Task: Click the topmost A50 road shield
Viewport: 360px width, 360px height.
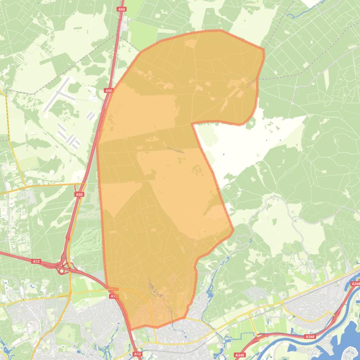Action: pos(122,9)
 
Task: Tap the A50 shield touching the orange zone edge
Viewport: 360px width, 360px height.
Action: pos(109,91)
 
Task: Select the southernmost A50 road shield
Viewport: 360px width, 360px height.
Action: pos(79,194)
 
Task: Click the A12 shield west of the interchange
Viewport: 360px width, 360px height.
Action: pos(36,261)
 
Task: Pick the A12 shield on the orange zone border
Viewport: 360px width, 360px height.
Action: pos(113,296)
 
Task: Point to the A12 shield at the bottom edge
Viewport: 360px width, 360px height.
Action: pos(137,354)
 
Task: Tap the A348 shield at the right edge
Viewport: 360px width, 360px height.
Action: pos(355,284)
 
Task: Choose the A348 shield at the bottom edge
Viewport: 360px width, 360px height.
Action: pos(240,355)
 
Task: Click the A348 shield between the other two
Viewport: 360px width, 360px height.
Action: pos(309,337)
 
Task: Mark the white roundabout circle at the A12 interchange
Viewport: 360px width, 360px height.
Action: pos(61,271)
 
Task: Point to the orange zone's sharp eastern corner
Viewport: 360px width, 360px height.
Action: pos(233,230)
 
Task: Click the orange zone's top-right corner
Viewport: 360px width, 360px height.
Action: pos(264,49)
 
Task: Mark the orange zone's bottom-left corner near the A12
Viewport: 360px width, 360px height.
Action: pos(132,329)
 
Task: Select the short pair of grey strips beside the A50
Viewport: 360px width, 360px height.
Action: pos(91,115)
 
